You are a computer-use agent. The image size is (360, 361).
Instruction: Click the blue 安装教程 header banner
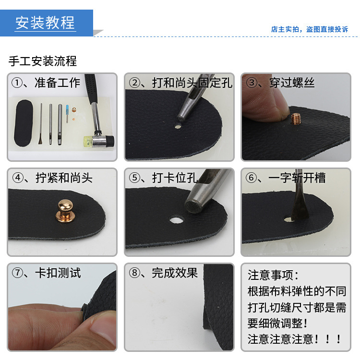point(46,23)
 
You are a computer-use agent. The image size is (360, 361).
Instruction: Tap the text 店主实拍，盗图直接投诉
point(309,29)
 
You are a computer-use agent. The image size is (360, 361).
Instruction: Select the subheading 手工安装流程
point(43,61)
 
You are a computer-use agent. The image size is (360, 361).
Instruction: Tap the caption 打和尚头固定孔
point(192,83)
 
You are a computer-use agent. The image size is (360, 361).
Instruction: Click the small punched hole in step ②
point(178,127)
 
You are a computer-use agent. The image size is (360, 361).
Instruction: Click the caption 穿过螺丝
point(291,83)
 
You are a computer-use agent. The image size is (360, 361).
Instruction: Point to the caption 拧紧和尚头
point(64,178)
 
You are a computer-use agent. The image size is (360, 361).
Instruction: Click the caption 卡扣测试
point(58,273)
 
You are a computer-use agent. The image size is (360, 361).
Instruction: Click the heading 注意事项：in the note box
point(273,276)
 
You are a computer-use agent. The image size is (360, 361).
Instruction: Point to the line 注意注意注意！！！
point(295,339)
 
